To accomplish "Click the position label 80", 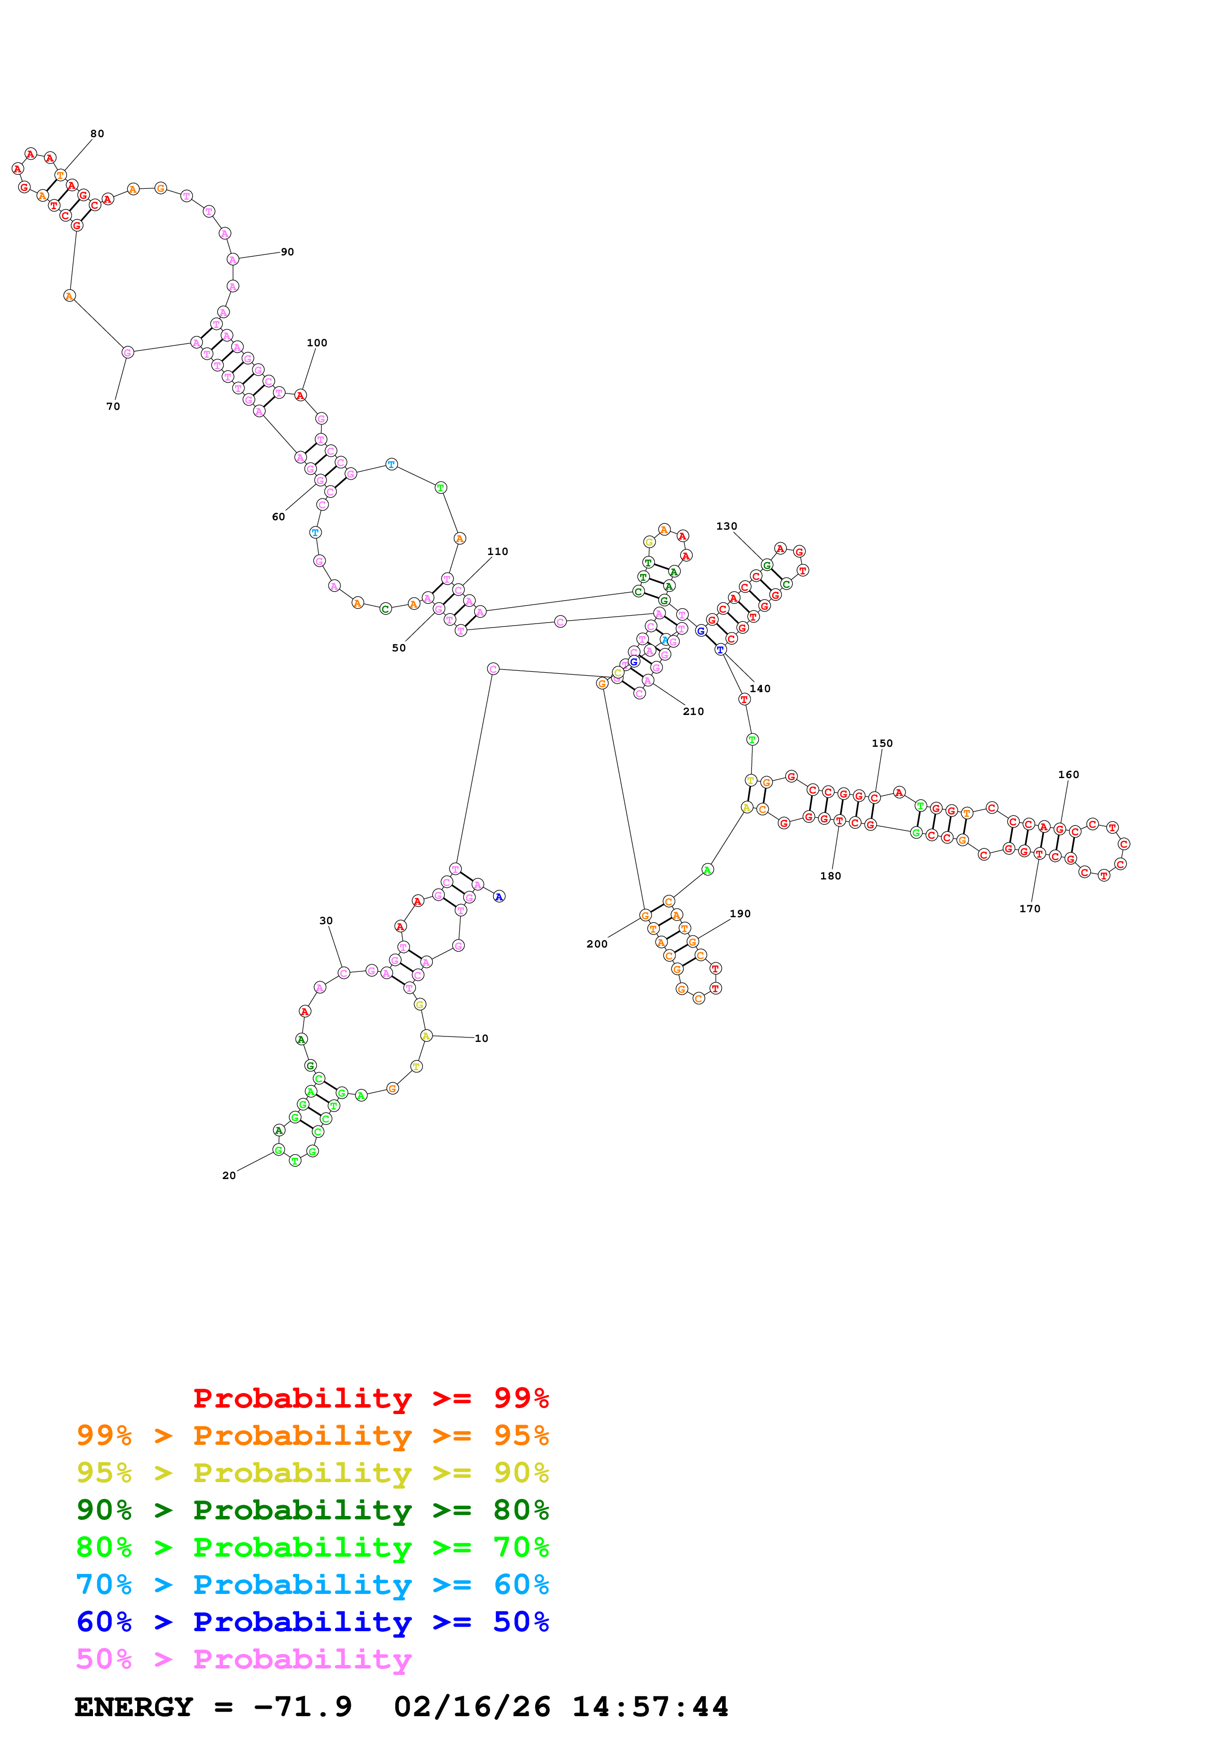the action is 97,134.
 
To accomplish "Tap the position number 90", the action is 287,252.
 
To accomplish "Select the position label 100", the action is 317,343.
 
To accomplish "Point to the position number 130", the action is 727,526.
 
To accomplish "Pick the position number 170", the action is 1029,909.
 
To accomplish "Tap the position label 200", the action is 597,944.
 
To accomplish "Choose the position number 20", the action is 229,1175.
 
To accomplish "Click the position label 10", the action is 481,1038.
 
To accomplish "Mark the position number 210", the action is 693,712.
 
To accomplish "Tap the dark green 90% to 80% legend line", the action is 312,1510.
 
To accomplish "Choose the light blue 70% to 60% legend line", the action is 312,1585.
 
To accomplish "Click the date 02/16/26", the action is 472,1707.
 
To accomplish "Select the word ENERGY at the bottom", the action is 134,1707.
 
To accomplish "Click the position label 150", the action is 882,743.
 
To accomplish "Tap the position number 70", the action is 113,406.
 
